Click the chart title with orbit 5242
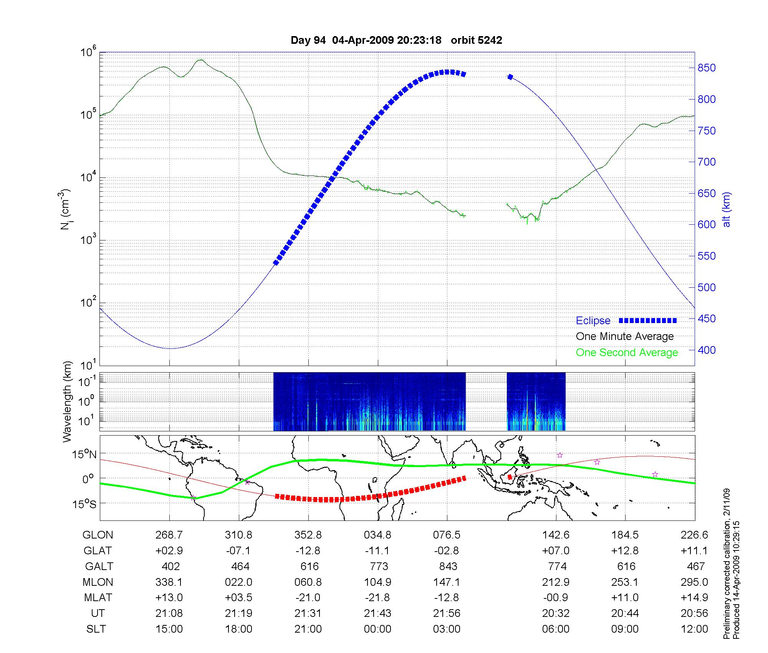[x=396, y=40]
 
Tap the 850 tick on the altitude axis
[x=707, y=68]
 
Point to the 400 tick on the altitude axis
[x=707, y=350]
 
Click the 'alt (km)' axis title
[x=727, y=210]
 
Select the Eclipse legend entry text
[x=593, y=321]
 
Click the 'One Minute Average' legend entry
[x=625, y=336]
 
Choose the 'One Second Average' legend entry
[x=627, y=353]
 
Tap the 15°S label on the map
[x=84, y=504]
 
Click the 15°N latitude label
[x=84, y=455]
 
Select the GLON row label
[x=98, y=535]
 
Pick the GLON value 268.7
[x=169, y=535]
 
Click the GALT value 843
[x=448, y=567]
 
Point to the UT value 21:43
[x=377, y=613]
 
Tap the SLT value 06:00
[x=556, y=629]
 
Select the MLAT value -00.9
[x=556, y=598]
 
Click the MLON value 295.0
[x=694, y=582]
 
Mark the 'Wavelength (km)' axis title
[x=67, y=402]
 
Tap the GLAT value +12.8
[x=625, y=551]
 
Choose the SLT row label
[x=96, y=629]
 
